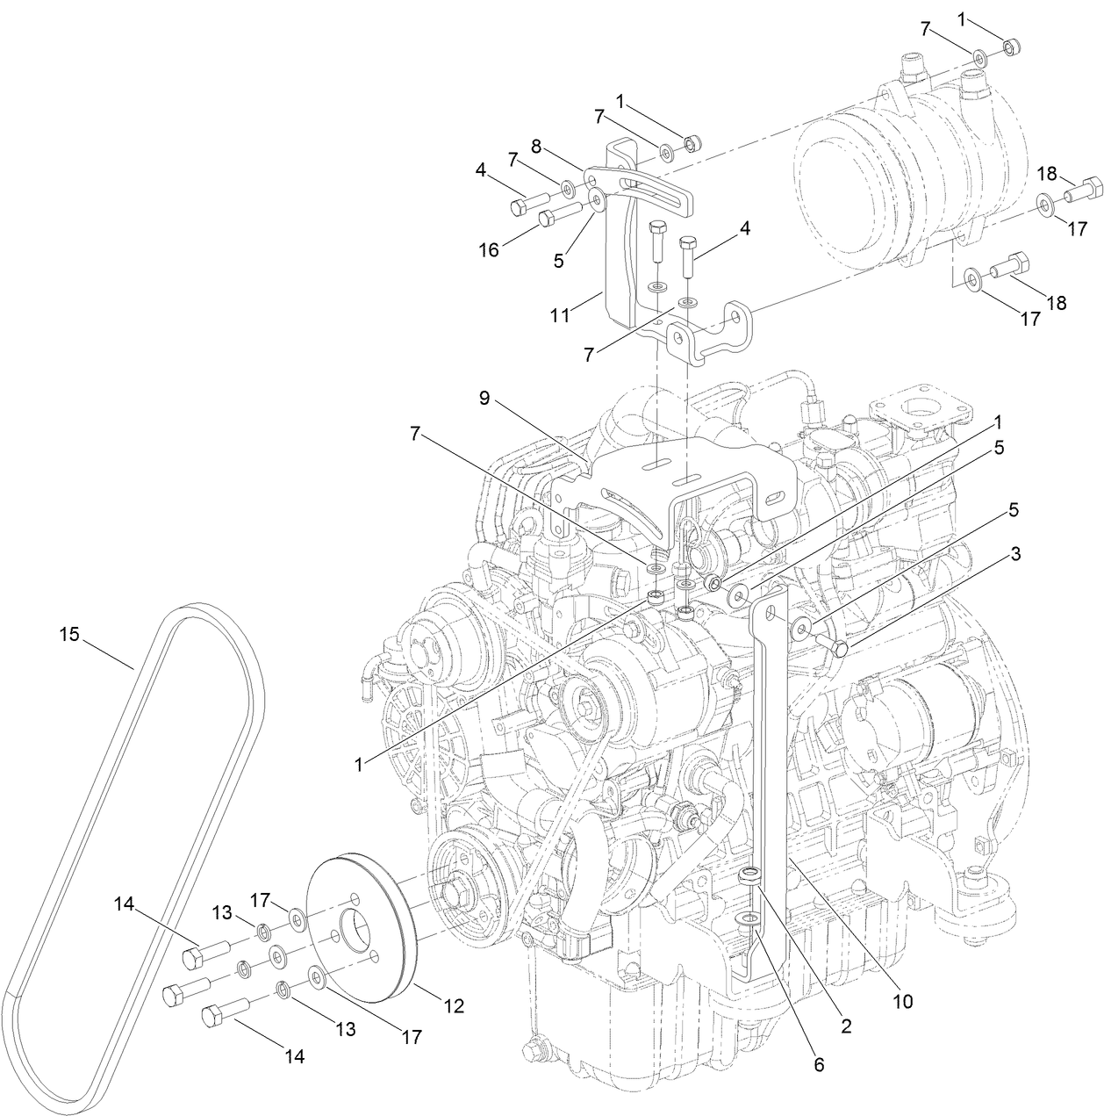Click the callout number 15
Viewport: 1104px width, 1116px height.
(69, 633)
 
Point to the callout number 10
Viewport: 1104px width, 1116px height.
(903, 1000)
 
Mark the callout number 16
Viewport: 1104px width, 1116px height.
(488, 249)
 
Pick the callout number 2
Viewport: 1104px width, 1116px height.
(846, 1024)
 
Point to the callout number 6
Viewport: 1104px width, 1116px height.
(819, 1064)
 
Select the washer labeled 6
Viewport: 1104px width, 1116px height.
(747, 919)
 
